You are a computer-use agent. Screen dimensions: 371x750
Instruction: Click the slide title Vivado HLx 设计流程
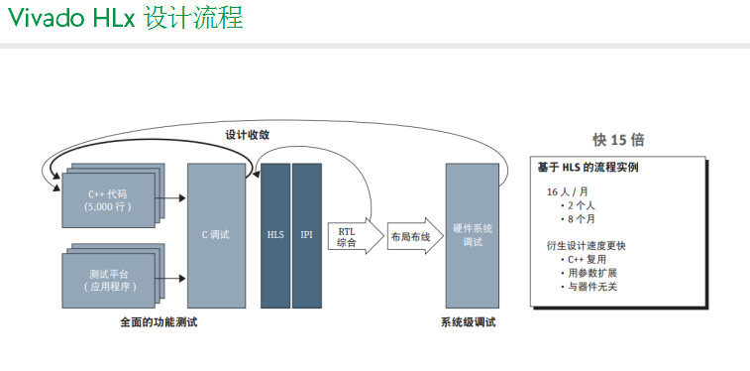pos(125,18)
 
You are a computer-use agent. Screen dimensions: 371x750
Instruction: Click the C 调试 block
pos(216,235)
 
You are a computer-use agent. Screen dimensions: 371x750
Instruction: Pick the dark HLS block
pos(275,235)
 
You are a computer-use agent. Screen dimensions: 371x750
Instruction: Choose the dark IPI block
pos(307,235)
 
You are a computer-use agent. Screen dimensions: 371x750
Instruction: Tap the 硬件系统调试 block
pos(472,235)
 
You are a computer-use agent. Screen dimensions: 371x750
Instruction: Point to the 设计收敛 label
pos(247,135)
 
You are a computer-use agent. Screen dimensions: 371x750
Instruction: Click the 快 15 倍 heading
pos(618,140)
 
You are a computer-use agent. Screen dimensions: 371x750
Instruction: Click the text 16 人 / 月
pos(569,190)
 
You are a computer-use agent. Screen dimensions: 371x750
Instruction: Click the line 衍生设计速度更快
pos(587,245)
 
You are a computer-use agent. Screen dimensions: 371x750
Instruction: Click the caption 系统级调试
pos(469,322)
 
